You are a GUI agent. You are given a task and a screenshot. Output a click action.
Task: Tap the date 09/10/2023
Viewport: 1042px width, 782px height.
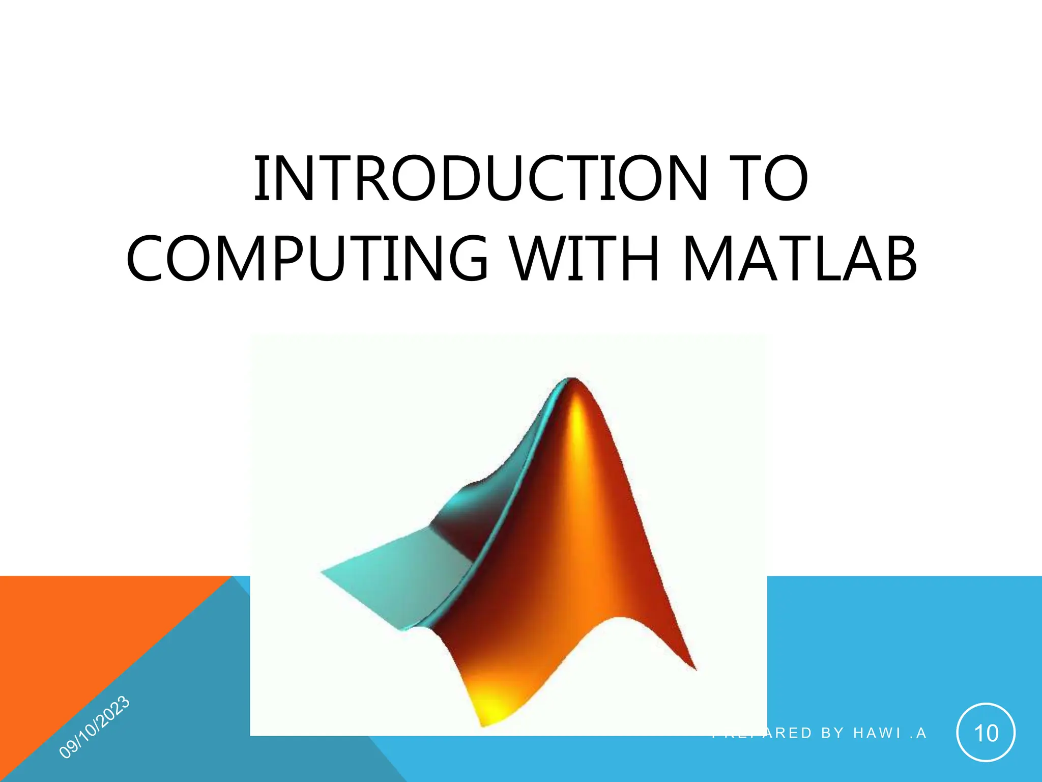click(95, 727)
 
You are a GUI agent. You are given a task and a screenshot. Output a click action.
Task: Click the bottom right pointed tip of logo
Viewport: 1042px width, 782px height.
click(694, 668)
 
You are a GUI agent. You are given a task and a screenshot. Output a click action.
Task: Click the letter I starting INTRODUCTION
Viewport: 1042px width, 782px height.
click(258, 179)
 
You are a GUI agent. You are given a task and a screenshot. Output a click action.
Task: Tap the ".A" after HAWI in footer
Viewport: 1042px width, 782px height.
click(918, 733)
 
